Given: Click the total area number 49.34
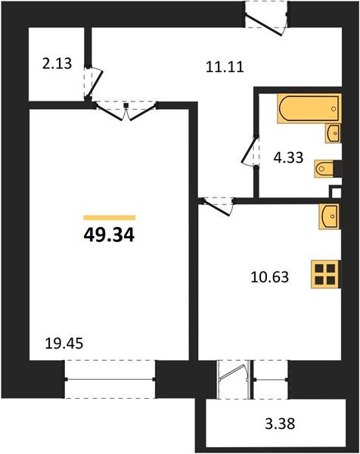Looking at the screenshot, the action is point(109,235).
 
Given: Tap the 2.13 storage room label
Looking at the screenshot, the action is point(57,64).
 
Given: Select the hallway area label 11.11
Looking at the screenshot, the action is point(225,67).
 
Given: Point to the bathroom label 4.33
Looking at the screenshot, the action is point(288,158).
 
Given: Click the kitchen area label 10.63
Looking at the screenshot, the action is point(270,277).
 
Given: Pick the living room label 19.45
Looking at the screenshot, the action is point(64,344).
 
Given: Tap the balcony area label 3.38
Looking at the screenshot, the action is point(280,424).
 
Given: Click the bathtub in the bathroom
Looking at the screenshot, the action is point(309,108).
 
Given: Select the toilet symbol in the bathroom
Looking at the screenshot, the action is point(324,168).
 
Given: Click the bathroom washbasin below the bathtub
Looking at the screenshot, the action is point(333,133).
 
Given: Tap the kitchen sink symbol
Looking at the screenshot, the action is point(330,216).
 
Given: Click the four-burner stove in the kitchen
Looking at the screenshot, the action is point(325,274).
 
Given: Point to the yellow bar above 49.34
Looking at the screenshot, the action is point(110,218).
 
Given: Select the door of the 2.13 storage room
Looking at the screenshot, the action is point(93,82).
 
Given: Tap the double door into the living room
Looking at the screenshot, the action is point(126,111).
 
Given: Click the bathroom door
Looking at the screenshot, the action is point(250,151).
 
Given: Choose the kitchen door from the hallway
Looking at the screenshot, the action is point(218,206).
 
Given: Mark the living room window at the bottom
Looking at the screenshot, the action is point(110,379).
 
